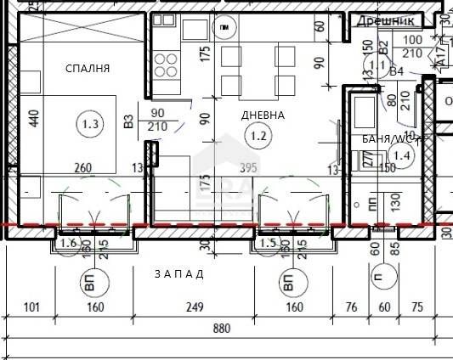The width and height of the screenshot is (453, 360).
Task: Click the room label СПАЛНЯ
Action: tap(88, 68)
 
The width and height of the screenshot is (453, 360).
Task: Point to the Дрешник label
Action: tap(385, 20)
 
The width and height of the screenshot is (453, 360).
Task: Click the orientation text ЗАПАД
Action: tap(179, 273)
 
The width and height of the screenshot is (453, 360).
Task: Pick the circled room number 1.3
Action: tap(91, 126)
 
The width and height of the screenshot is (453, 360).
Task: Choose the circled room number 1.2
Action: tap(256, 133)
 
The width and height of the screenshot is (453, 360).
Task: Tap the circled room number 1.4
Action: tap(403, 154)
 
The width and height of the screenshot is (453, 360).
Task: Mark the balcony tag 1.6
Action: tap(69, 245)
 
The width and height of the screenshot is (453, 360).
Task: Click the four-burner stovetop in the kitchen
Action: tap(166, 64)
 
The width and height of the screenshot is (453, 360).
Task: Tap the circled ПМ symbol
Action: tap(223, 30)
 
